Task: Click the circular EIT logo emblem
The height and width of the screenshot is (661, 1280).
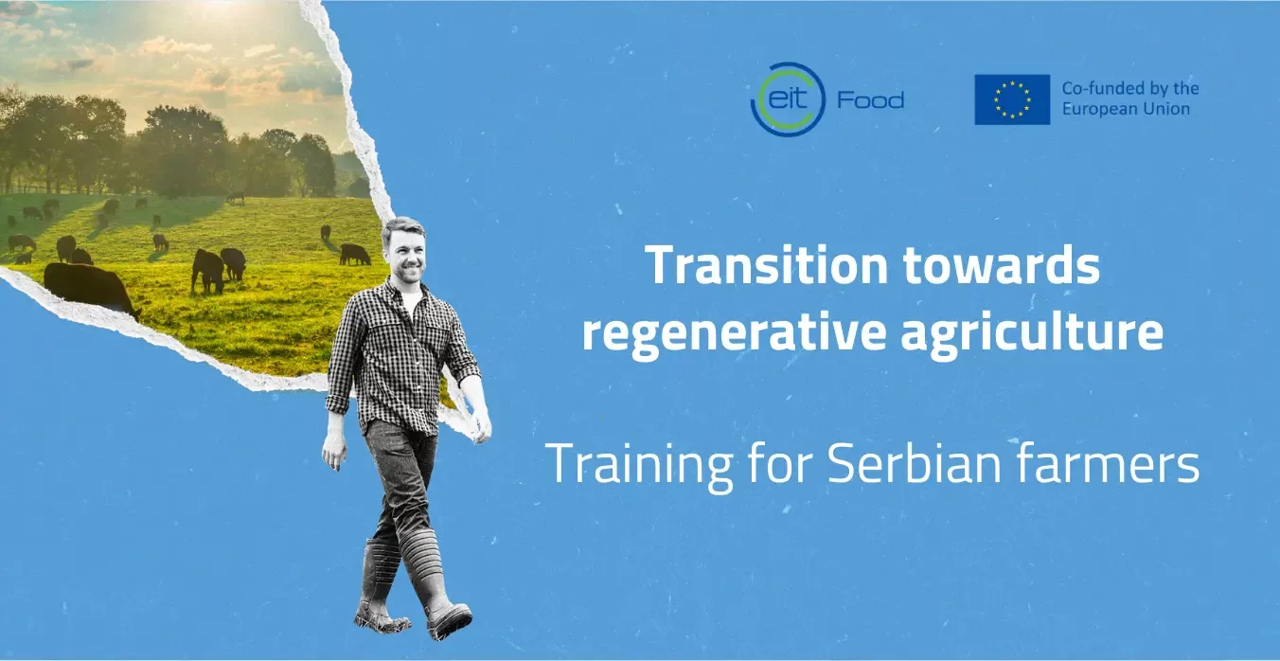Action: pyautogui.click(x=788, y=99)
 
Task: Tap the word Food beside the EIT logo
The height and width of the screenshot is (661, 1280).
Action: pyautogui.click(x=870, y=100)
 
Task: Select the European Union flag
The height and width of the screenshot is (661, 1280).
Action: pyautogui.click(x=1012, y=99)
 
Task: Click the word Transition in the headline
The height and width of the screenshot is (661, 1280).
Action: pyautogui.click(x=766, y=265)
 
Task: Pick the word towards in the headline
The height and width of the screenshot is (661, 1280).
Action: pyautogui.click(x=1002, y=265)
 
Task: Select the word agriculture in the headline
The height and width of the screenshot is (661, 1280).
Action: pyautogui.click(x=1032, y=333)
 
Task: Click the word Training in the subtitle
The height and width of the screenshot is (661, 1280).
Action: pyautogui.click(x=639, y=464)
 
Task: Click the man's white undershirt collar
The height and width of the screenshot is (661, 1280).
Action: pyautogui.click(x=412, y=301)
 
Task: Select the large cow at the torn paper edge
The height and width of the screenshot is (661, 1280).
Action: pyautogui.click(x=90, y=289)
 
